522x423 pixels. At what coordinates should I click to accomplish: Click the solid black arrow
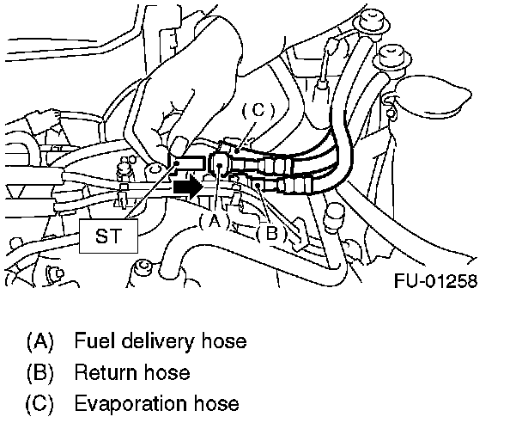185,185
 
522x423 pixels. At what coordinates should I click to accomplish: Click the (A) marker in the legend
40,341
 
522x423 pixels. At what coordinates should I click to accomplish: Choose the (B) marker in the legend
40,373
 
